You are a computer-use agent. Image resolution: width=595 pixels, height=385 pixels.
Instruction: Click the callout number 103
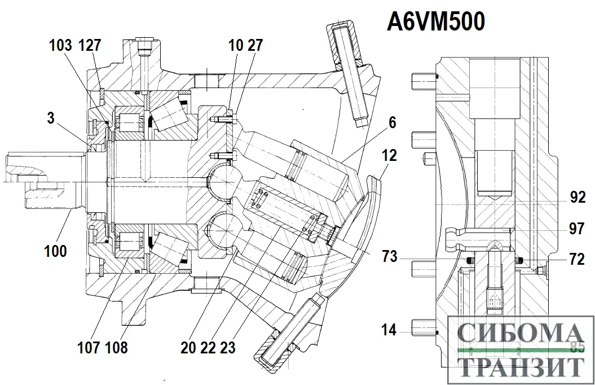pos(60,45)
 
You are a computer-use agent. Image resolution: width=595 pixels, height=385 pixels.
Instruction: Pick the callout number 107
pos(89,347)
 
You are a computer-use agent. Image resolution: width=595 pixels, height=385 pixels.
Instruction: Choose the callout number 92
pos(577,197)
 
